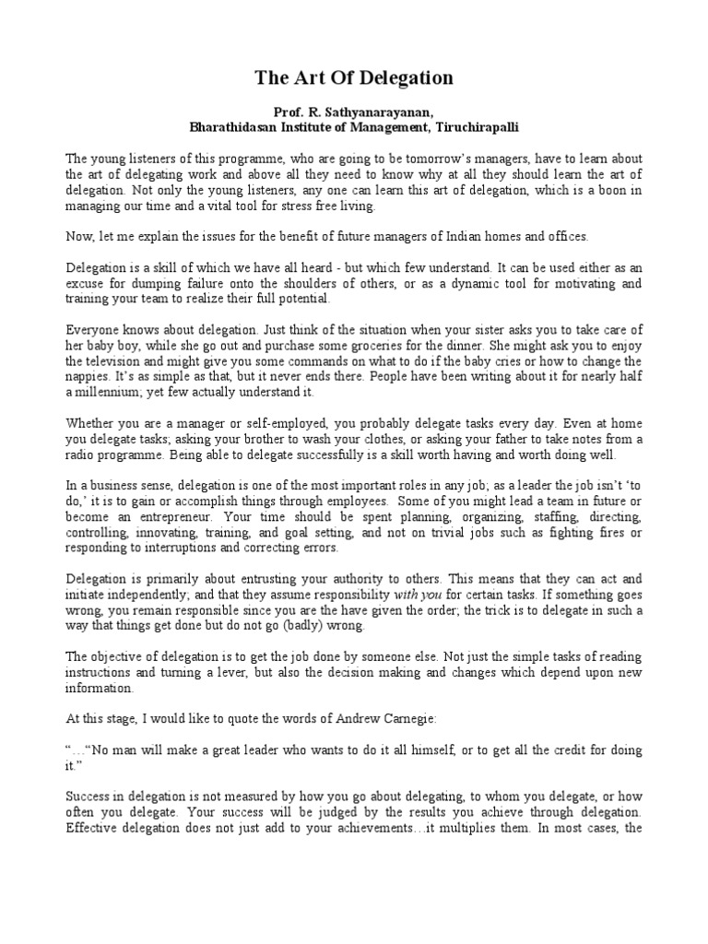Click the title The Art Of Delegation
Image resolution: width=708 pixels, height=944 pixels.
point(354,79)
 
